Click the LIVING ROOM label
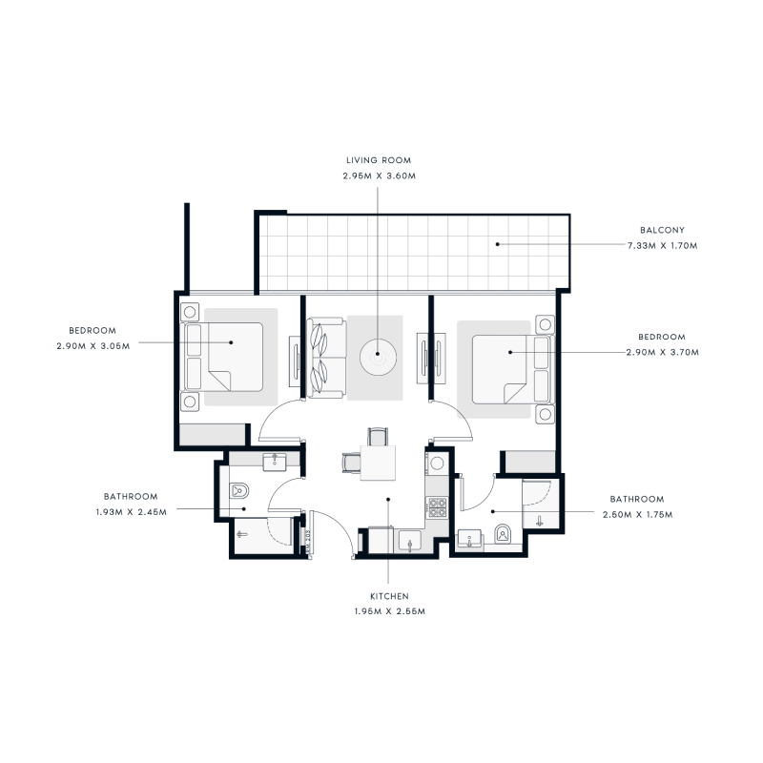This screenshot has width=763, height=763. click(378, 160)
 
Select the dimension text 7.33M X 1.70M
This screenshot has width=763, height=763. click(670, 245)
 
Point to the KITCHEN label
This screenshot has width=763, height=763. click(387, 596)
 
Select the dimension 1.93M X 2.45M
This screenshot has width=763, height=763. click(131, 511)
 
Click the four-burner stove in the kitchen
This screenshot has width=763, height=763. click(438, 507)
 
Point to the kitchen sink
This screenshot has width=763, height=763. click(409, 543)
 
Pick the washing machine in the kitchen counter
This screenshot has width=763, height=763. click(438, 464)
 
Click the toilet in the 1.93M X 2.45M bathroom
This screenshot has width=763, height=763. click(239, 491)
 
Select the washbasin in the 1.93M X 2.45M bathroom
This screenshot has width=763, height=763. click(275, 460)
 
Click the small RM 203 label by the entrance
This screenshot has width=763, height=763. click(308, 540)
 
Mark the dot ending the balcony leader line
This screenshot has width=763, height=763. click(497, 245)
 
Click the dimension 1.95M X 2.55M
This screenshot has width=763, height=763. click(387, 611)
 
